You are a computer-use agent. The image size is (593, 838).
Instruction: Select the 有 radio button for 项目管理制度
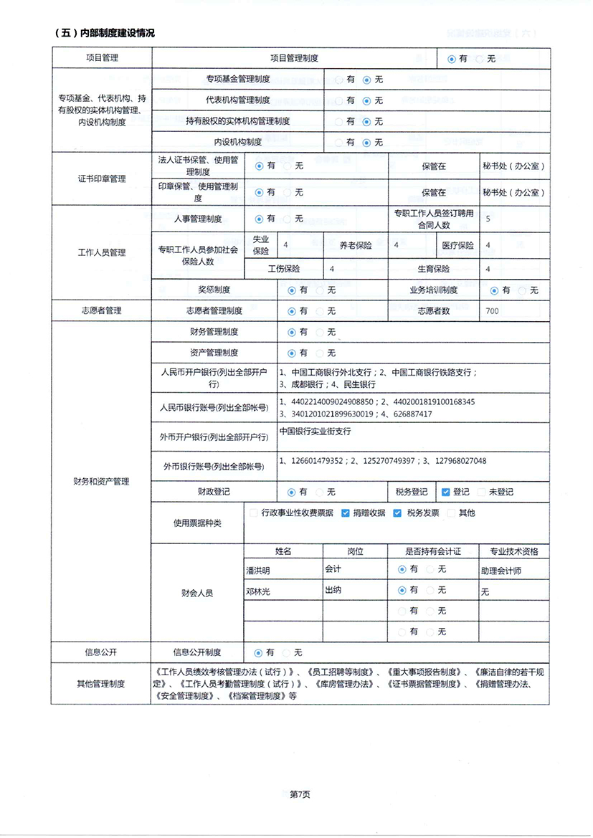[451, 59]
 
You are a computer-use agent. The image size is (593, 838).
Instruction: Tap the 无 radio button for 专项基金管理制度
[366, 80]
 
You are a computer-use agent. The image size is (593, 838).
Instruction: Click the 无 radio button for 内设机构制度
[366, 143]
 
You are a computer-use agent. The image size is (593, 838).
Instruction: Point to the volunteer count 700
[492, 311]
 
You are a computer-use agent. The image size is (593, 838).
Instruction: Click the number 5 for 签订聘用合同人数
[488, 219]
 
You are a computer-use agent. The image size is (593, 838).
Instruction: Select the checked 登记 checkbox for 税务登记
[446, 492]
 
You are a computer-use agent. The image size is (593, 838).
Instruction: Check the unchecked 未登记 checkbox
[482, 492]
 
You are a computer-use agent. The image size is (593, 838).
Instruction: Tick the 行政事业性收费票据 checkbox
[253, 513]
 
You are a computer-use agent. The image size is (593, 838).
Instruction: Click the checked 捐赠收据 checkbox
[346, 513]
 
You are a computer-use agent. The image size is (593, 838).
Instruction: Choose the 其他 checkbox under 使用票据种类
[450, 513]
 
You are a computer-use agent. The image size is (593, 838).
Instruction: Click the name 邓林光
[259, 591]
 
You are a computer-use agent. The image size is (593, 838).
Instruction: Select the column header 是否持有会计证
[432, 552]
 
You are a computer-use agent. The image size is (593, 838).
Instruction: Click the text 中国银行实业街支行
[316, 432]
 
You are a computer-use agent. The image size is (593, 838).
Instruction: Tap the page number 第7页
[300, 794]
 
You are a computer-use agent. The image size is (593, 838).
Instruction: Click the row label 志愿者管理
[101, 311]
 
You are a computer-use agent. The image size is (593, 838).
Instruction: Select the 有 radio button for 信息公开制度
[259, 653]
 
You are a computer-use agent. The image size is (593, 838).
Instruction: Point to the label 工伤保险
[284, 269]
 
